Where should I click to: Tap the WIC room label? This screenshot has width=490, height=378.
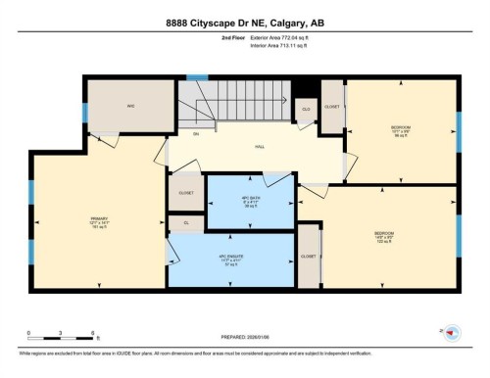129,107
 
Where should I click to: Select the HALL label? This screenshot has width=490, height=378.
260,147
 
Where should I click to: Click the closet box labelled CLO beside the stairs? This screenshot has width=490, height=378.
306,109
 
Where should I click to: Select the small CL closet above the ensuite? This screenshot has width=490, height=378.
185,223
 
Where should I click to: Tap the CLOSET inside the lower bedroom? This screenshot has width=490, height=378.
310,256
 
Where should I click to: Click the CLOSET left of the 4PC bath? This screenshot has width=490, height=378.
185,192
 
